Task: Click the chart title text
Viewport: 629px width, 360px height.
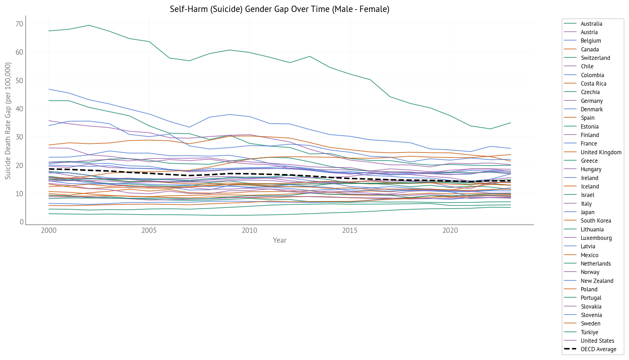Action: pyautogui.click(x=279, y=9)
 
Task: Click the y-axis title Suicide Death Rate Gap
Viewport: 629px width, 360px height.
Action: pyautogui.click(x=8, y=120)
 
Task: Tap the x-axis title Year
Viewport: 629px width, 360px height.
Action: pyautogui.click(x=279, y=240)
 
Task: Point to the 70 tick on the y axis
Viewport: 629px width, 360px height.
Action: pyautogui.click(x=19, y=24)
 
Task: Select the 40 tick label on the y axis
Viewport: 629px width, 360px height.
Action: pyautogui.click(x=19, y=109)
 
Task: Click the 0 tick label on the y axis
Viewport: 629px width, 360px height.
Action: pyautogui.click(x=21, y=222)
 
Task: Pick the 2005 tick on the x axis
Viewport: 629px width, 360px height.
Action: pyautogui.click(x=149, y=231)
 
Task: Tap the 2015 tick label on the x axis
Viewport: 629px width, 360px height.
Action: pyautogui.click(x=350, y=231)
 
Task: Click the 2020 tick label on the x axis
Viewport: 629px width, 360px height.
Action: pyautogui.click(x=450, y=231)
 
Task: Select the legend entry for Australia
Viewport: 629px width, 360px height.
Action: pyautogui.click(x=591, y=24)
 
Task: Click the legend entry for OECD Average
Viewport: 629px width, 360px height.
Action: pyautogui.click(x=598, y=349)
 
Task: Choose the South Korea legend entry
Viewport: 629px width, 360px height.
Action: pyautogui.click(x=596, y=221)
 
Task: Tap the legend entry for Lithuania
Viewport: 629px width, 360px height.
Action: pyautogui.click(x=592, y=229)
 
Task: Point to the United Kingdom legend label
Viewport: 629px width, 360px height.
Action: pyautogui.click(x=601, y=152)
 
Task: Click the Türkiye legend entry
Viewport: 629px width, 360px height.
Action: pyautogui.click(x=589, y=332)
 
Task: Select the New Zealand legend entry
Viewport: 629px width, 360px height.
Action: pyautogui.click(x=597, y=281)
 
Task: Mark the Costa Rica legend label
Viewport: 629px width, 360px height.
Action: pyautogui.click(x=593, y=83)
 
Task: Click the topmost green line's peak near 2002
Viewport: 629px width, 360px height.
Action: pyautogui.click(x=89, y=25)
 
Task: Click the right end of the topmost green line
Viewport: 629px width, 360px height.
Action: pyautogui.click(x=510, y=123)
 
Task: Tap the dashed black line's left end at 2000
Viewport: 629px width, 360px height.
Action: pyautogui.click(x=49, y=169)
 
